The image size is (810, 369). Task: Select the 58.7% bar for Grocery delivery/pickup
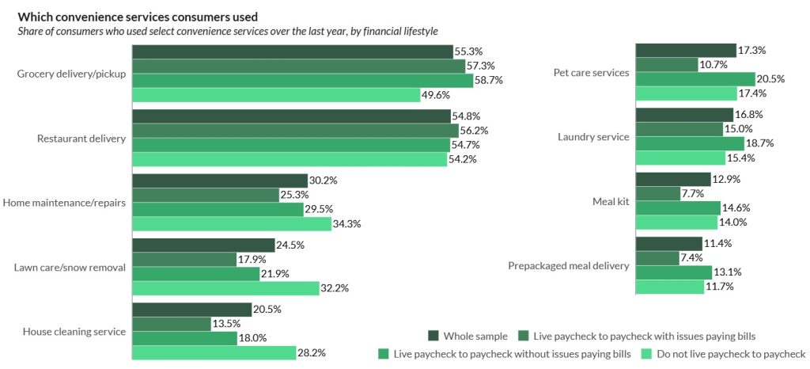click(x=301, y=81)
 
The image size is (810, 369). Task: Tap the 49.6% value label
click(x=435, y=95)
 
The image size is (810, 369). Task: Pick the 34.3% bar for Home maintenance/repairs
click(x=231, y=224)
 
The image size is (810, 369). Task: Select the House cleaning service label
click(x=74, y=332)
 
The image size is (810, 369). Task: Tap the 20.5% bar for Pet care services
click(x=695, y=79)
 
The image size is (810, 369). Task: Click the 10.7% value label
click(x=715, y=65)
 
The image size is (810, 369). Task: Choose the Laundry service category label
click(x=593, y=137)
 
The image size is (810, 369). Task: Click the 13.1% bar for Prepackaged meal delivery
click(x=673, y=272)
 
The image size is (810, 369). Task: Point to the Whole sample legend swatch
click(x=433, y=336)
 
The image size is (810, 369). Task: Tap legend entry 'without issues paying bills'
click(x=511, y=353)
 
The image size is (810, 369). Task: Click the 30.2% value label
click(x=324, y=181)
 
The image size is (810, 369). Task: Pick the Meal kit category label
click(x=611, y=201)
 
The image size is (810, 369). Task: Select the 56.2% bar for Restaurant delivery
click(x=295, y=131)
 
